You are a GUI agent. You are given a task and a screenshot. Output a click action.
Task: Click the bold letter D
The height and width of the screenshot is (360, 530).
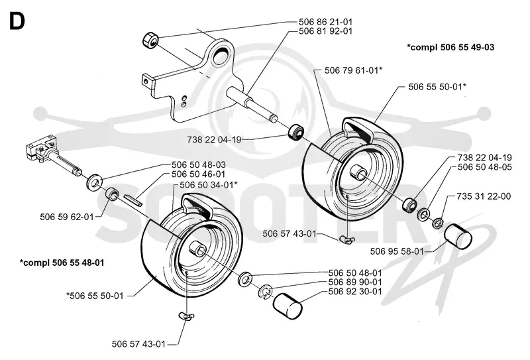[17, 21]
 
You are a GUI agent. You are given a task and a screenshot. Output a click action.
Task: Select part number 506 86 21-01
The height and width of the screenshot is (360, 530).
[325, 22]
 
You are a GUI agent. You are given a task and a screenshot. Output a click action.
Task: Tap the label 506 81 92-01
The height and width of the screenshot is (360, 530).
[325, 31]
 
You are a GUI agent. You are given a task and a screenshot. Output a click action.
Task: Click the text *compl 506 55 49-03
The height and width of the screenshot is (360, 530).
[450, 47]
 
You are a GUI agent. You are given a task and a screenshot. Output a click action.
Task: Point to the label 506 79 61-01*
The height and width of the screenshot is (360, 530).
[353, 70]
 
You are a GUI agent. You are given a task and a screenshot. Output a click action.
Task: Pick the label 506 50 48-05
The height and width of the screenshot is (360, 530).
[485, 167]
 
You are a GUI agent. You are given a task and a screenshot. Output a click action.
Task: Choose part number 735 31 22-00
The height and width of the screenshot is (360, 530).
[484, 196]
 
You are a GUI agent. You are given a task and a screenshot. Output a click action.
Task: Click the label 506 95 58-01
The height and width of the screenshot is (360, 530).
[397, 251]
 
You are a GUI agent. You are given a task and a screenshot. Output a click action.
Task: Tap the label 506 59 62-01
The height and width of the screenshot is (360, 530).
[67, 217]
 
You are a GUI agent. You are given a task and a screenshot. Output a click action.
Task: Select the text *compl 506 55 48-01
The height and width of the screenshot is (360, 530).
[62, 263]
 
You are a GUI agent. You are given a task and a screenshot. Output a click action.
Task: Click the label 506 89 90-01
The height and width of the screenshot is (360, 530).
[355, 282]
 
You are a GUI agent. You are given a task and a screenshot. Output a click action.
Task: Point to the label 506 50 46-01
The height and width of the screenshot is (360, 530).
[198, 174]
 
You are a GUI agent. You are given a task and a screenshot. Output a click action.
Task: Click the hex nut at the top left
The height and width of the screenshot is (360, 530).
[150, 40]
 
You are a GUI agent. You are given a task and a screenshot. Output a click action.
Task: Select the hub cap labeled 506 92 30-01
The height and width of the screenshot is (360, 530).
[288, 306]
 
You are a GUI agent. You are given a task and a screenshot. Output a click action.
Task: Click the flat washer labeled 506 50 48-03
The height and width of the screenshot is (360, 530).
[93, 182]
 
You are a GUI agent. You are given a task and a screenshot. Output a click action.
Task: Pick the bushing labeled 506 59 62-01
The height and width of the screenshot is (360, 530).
[112, 194]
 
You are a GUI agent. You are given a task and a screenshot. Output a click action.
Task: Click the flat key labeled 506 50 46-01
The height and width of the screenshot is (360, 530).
[133, 200]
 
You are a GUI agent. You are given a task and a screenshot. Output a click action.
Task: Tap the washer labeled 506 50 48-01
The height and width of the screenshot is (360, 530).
[245, 278]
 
